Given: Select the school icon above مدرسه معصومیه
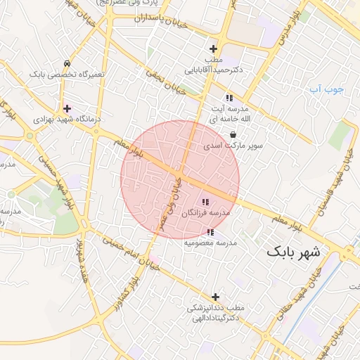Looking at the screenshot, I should click(x=210, y=232).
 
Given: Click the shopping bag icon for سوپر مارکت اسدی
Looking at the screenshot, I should click(x=232, y=136).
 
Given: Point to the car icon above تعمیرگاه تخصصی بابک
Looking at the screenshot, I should click(x=66, y=63).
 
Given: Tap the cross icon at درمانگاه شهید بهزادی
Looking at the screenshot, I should click(x=67, y=108).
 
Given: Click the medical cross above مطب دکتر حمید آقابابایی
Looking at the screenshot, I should click(x=214, y=49).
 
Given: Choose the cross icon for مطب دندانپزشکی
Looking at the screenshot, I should click(x=215, y=297).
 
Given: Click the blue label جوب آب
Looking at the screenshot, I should click(x=326, y=89).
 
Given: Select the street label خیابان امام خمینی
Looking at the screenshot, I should click(x=127, y=251).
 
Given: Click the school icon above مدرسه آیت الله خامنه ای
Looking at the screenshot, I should click(x=229, y=98).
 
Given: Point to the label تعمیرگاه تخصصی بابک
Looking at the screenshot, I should click(x=67, y=73).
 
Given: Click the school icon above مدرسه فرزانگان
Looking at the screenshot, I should click(x=205, y=202).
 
